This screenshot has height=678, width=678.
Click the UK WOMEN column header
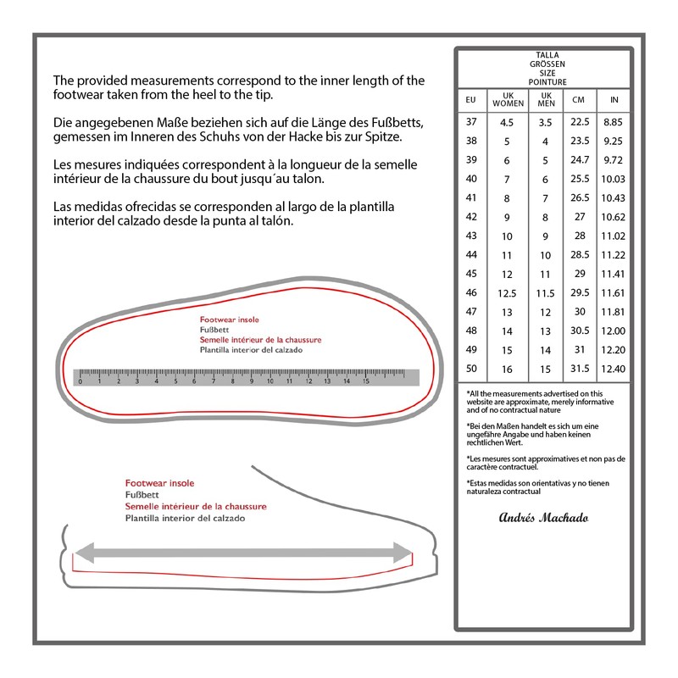[x=508, y=98]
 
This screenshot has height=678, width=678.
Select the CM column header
[x=579, y=98]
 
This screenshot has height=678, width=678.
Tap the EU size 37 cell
[x=472, y=122]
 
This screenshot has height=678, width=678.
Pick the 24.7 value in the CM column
[x=579, y=159]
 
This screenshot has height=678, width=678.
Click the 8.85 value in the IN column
[x=613, y=122]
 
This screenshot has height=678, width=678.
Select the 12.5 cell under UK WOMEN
[x=508, y=292]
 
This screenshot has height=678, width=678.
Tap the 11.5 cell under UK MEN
[x=546, y=292]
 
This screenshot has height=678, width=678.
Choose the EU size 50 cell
[x=472, y=369]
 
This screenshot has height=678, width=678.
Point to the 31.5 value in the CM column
[x=579, y=369]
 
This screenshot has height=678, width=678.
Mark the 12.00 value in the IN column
[x=613, y=331]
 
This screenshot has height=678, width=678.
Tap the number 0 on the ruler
[x=80, y=381]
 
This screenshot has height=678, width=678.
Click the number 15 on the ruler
[x=366, y=381]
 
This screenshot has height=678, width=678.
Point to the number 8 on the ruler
[x=232, y=381]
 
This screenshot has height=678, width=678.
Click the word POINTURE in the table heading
[x=547, y=81]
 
